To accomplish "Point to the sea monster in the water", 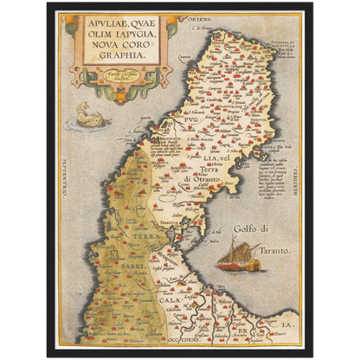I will (87, 115).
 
